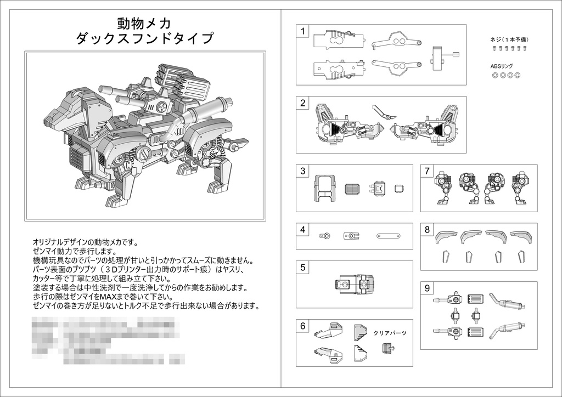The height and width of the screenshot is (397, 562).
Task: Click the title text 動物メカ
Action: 144,23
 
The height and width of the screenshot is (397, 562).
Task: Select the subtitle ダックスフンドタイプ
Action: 144,39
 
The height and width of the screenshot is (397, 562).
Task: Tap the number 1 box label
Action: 302,31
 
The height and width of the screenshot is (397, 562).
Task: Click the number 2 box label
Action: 302,103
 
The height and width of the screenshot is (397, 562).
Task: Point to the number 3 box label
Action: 302,171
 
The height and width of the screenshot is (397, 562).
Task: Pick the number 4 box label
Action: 302,230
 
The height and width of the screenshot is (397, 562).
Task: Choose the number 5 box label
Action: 302,268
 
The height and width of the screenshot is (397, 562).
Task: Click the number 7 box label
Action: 427,171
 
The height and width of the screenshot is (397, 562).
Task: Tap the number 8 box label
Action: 427,230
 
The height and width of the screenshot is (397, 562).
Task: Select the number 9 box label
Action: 427,288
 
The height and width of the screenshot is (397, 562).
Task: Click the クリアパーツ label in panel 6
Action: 390,333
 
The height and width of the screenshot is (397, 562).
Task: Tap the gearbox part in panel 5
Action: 354,285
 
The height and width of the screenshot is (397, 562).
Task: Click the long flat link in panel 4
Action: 388,236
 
